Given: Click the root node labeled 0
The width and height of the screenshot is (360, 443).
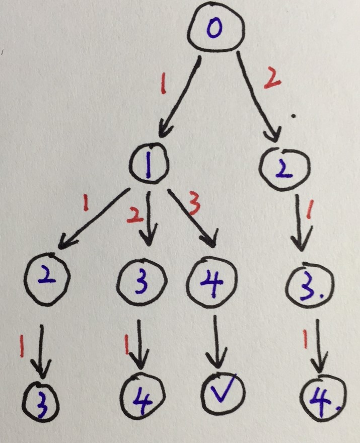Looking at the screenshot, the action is (x=217, y=30).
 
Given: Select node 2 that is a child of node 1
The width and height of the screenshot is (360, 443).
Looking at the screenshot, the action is (x=46, y=277).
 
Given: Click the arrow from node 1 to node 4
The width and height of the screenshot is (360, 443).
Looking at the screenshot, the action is (x=193, y=216).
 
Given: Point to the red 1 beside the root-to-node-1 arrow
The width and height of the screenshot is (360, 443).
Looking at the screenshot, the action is (x=162, y=84).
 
